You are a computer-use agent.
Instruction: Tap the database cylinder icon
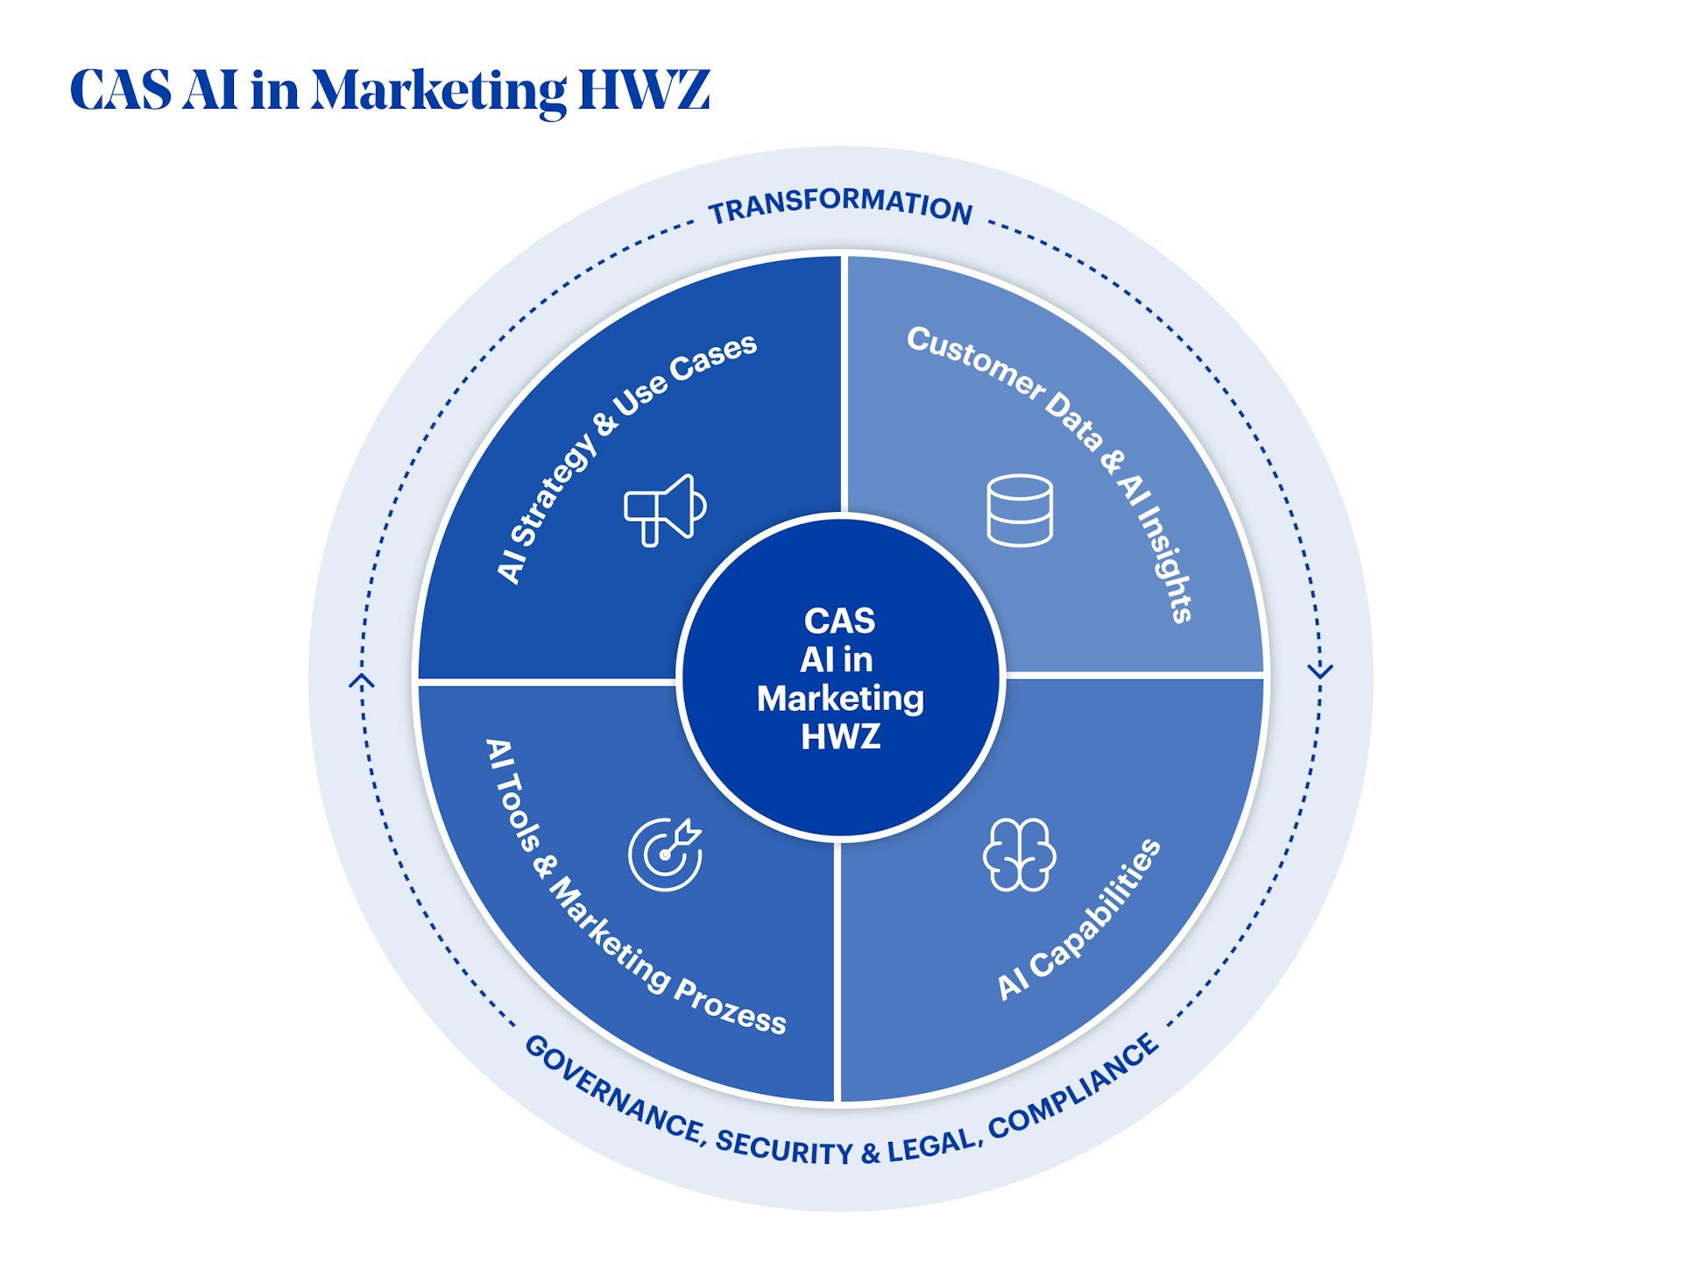(x=1020, y=510)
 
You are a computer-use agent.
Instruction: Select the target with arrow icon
(x=665, y=855)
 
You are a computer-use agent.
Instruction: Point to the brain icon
(x=1019, y=855)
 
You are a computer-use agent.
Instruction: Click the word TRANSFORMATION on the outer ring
(x=840, y=205)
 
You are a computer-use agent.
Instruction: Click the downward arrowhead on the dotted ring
(x=1319, y=671)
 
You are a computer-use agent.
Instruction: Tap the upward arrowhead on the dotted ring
(x=362, y=681)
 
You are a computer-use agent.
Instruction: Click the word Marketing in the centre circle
(x=840, y=699)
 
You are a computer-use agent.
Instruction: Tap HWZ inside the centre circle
(x=840, y=737)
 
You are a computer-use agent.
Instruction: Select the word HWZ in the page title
(x=644, y=89)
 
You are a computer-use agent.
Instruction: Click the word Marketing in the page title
(x=439, y=91)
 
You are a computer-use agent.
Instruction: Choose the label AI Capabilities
(x=1079, y=919)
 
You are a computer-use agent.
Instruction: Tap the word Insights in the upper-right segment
(x=1164, y=569)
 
